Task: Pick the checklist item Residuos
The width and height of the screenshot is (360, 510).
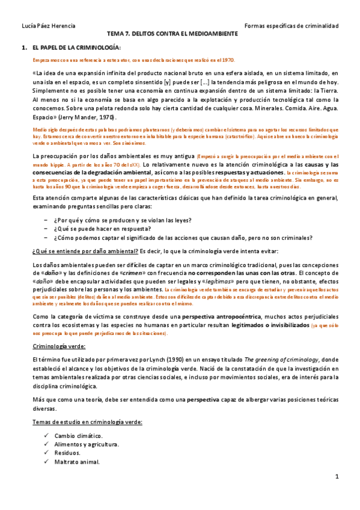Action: click(67, 453)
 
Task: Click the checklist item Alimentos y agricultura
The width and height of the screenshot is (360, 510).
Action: click(86, 444)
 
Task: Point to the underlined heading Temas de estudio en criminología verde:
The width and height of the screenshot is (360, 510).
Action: click(87, 422)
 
